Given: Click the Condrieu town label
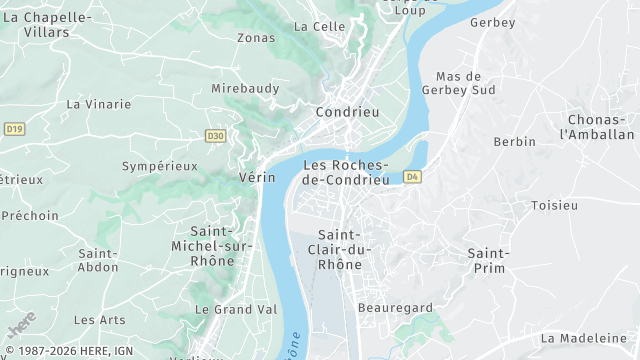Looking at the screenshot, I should (x=347, y=112).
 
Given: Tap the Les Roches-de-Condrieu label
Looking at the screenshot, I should (x=345, y=172).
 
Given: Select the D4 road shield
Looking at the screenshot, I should (x=412, y=177).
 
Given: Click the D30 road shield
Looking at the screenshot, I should (x=215, y=136).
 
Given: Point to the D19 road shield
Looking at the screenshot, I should (x=13, y=129).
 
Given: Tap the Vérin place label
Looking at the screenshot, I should (x=257, y=177).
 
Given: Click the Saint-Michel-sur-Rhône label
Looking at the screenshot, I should (x=212, y=246).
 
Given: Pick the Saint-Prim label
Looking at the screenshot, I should (x=488, y=260).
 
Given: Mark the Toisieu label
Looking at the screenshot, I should (x=554, y=205).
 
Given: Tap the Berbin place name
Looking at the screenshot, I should (x=514, y=142).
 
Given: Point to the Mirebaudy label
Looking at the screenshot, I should (x=245, y=88).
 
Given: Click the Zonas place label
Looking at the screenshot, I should (x=255, y=38).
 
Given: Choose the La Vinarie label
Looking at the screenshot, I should (x=98, y=103).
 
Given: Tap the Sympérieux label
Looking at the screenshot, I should (x=159, y=166).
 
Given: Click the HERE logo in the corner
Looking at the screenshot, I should (x=21, y=324).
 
